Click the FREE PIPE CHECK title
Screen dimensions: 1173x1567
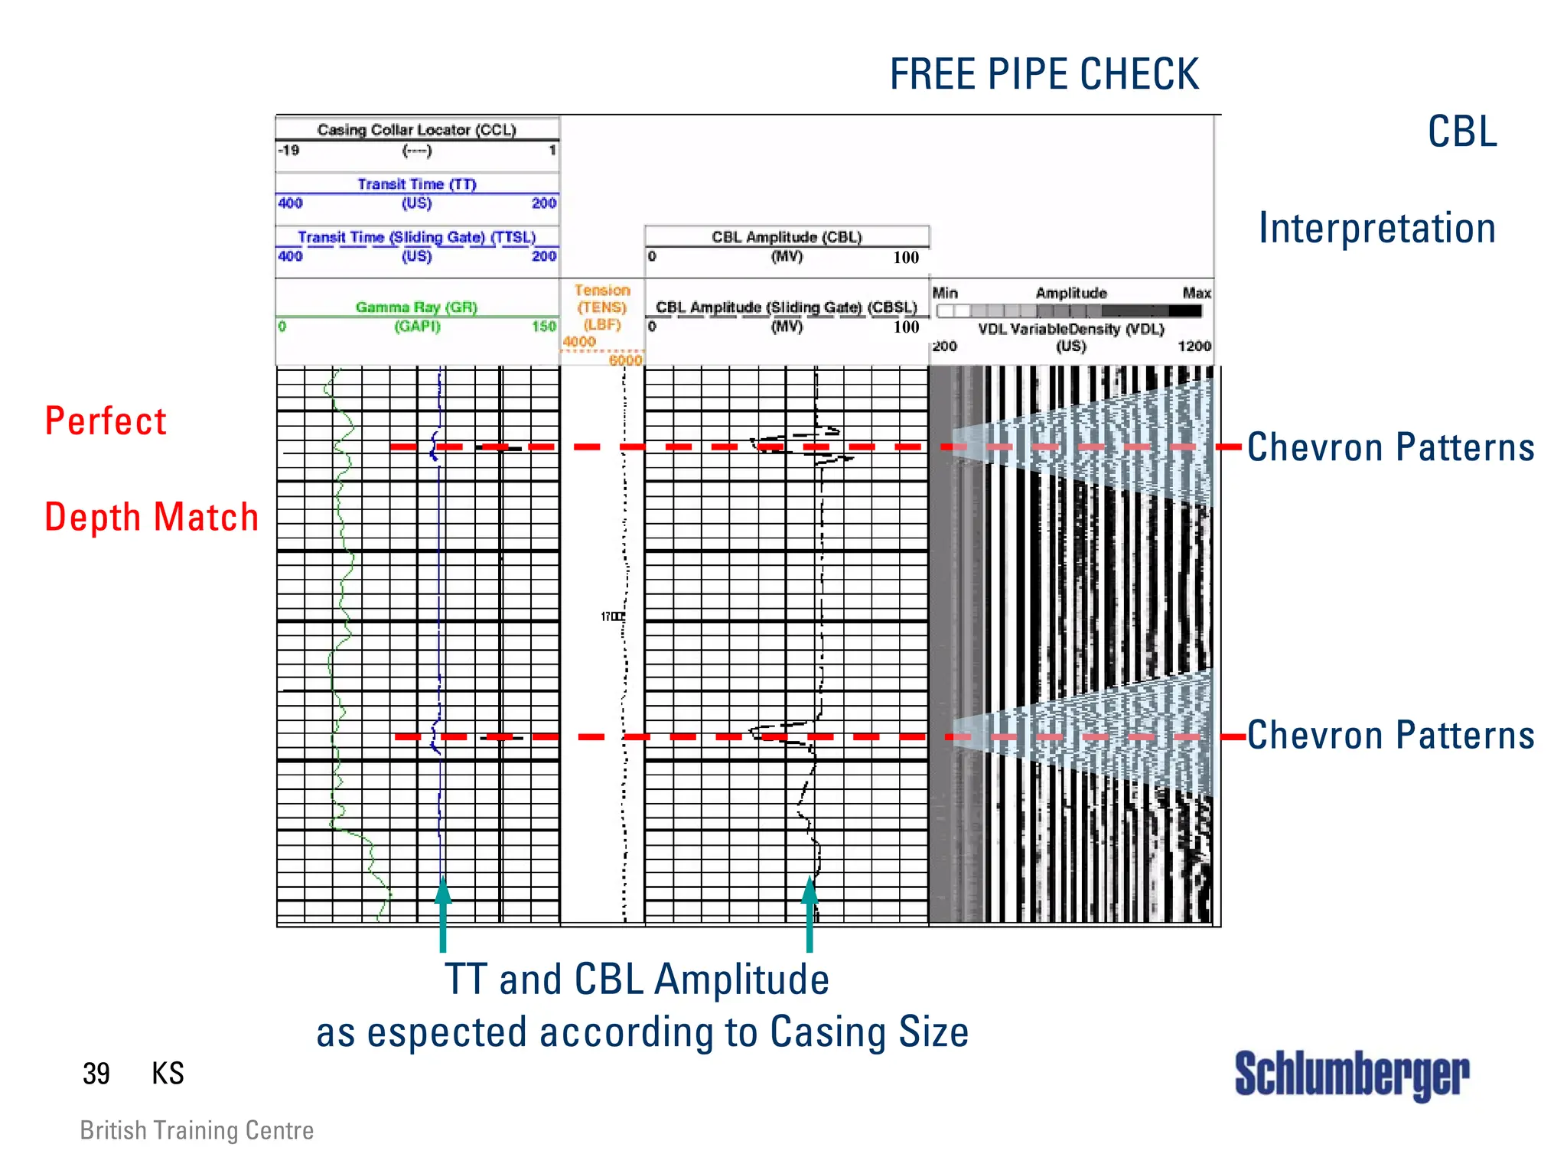pyautogui.click(x=1044, y=75)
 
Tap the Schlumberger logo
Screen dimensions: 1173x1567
pyautogui.click(x=1351, y=1074)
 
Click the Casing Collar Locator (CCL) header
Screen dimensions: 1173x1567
pyautogui.click(x=417, y=130)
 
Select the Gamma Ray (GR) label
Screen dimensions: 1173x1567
pyautogui.click(x=417, y=307)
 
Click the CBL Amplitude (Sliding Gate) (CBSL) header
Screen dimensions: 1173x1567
pyautogui.click(x=787, y=307)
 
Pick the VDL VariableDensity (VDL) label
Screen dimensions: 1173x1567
pyautogui.click(x=1071, y=329)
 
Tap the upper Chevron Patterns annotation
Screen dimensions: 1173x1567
pyautogui.click(x=1390, y=447)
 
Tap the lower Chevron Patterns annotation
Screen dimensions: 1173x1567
pyautogui.click(x=1390, y=736)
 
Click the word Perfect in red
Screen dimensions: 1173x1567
pyautogui.click(x=106, y=421)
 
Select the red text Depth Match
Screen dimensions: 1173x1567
pyautogui.click(x=151, y=518)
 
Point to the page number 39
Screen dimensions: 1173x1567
pyautogui.click(x=96, y=1074)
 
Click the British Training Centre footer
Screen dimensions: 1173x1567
pyautogui.click(x=197, y=1130)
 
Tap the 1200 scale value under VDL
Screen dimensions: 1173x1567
pyautogui.click(x=1194, y=346)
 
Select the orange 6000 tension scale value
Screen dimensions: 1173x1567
pyautogui.click(x=625, y=360)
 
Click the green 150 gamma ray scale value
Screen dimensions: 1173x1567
pyautogui.click(x=544, y=327)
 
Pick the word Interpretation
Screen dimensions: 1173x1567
pyautogui.click(x=1377, y=229)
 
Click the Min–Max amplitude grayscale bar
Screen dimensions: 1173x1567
pyautogui.click(x=1069, y=311)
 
